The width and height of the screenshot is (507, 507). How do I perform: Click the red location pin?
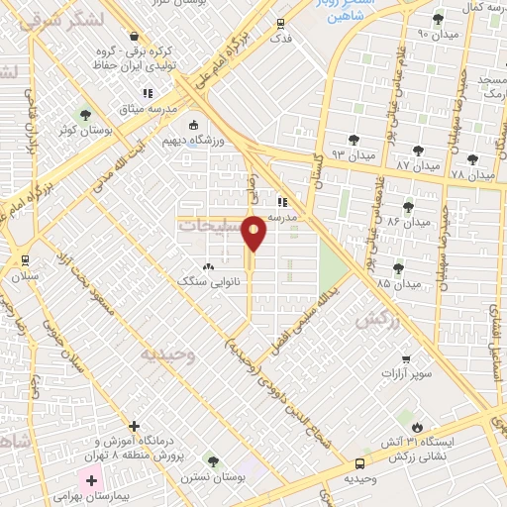click(x=254, y=234)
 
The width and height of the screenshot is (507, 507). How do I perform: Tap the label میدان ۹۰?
click(x=407, y=34)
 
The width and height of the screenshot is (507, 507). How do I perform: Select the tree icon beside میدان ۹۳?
click(x=355, y=140)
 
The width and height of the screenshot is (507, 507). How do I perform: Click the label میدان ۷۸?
click(x=471, y=174)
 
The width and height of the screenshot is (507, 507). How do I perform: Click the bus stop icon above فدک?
click(x=281, y=23)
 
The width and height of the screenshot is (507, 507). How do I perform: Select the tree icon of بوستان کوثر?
click(x=84, y=115)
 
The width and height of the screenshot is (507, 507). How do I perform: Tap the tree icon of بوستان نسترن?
click(x=212, y=461)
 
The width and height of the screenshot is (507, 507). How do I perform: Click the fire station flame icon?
click(x=416, y=426)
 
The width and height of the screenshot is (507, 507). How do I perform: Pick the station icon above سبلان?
click(x=25, y=259)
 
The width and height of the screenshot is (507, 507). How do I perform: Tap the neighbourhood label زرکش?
click(x=370, y=321)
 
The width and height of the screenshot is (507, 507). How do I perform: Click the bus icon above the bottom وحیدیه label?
click(x=359, y=462)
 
